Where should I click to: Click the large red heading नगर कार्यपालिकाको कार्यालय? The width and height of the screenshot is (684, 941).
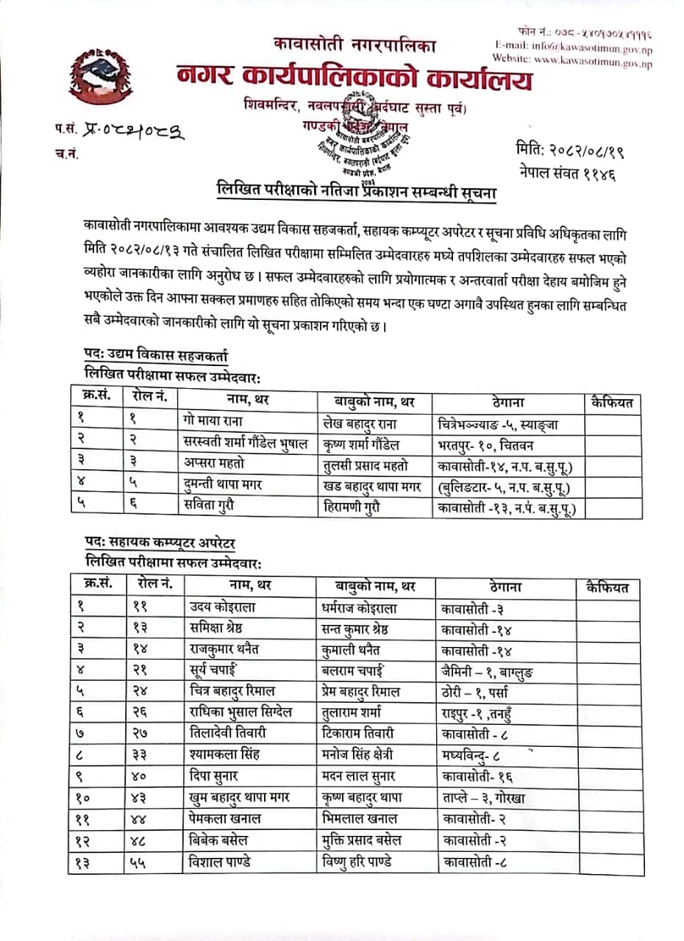pos(354,78)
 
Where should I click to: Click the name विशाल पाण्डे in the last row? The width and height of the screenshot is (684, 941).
pos(221,862)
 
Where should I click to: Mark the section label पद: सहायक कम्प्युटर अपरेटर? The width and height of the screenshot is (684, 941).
pos(160,543)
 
